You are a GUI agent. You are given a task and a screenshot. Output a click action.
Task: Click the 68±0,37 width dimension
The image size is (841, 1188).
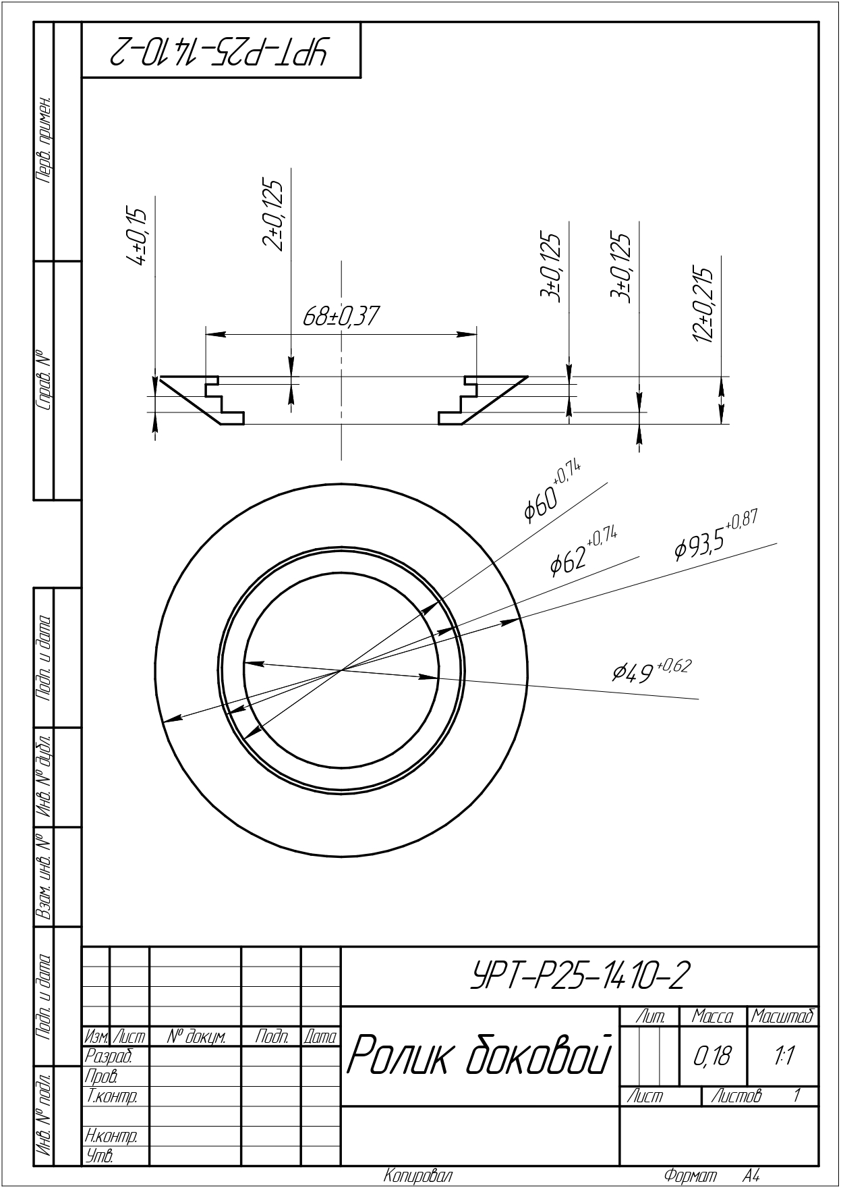pos(341,317)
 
